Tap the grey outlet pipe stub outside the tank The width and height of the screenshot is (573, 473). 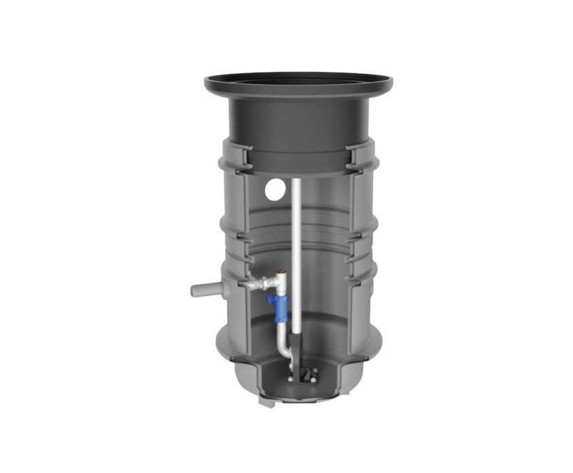click(204, 290)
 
